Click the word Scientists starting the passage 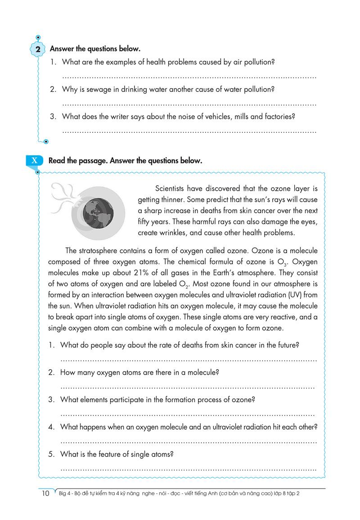point(171,188)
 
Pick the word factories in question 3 point(279,117)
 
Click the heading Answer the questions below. point(95,48)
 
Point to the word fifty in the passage point(145,222)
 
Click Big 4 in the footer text point(66,493)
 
